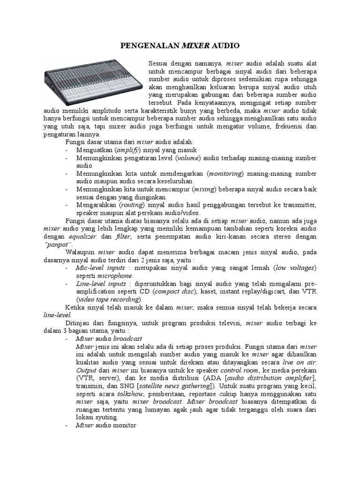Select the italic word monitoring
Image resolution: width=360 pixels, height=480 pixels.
[225, 173]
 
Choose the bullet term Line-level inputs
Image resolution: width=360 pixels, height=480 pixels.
[101, 284]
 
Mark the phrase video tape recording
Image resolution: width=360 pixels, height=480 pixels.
[109, 300]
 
